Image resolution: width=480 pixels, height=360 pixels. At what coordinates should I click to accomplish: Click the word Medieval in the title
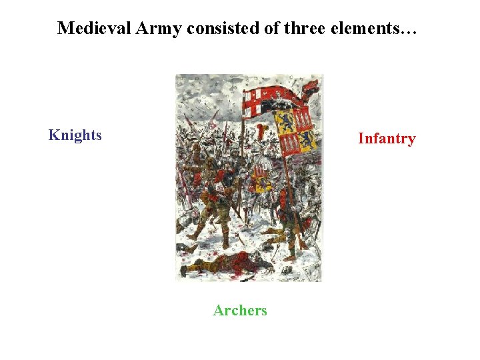[89, 28]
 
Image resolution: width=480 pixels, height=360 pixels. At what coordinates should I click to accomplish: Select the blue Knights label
[75, 135]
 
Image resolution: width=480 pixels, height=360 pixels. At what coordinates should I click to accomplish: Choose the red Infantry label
[386, 139]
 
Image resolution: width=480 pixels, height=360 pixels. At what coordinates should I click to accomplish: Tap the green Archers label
[240, 310]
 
